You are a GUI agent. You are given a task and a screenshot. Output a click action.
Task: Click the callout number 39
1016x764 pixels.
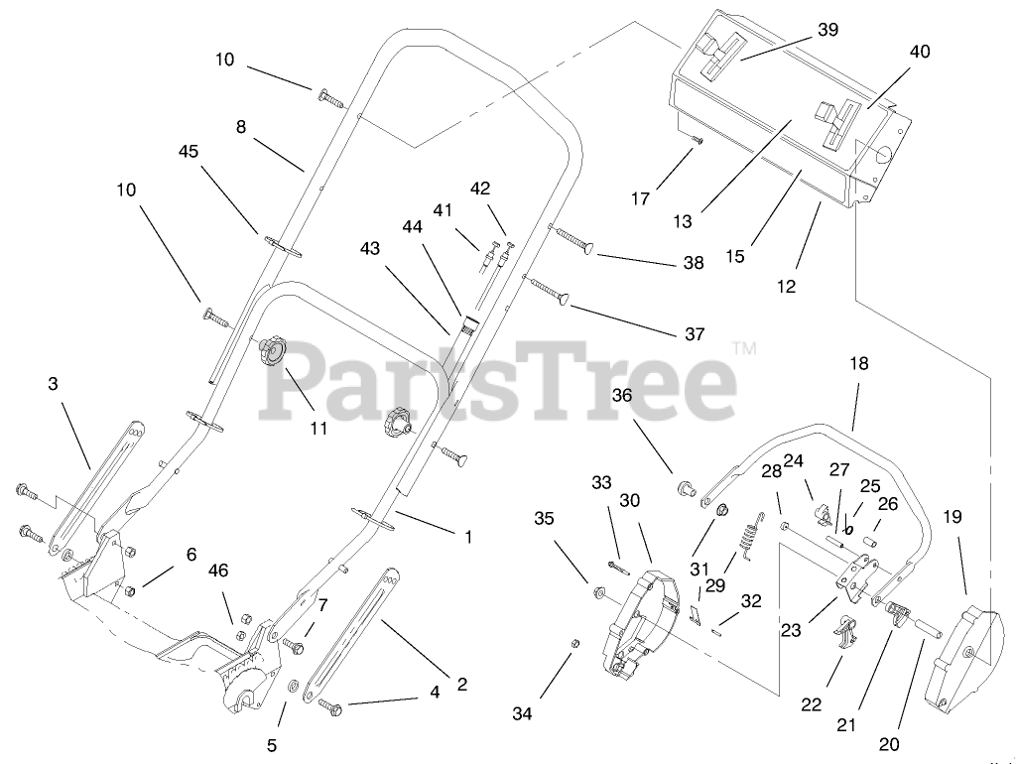[x=827, y=30]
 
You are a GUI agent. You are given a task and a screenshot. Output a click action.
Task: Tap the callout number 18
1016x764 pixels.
[x=858, y=364]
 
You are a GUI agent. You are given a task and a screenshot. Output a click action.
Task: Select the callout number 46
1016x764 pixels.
[x=217, y=570]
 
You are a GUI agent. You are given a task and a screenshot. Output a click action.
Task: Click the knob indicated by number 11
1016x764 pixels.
[x=272, y=351]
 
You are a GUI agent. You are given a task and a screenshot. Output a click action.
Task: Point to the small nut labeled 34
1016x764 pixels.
[x=574, y=644]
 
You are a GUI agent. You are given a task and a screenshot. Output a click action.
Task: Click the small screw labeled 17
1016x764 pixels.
[x=698, y=141]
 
